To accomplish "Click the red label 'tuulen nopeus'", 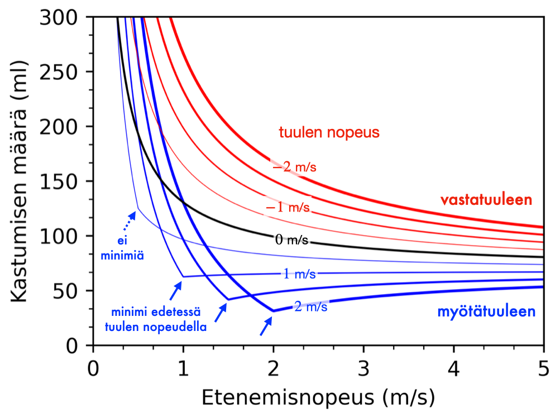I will tap(329, 133).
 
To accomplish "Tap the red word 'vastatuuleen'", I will tap(486, 200).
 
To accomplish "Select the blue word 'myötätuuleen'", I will tap(486, 312).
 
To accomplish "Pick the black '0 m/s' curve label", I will tap(291, 241).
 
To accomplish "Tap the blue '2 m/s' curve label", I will tap(310, 305).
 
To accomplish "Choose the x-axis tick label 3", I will tap(363, 370).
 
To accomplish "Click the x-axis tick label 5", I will tap(543, 370).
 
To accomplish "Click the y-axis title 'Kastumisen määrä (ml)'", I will tap(20, 181).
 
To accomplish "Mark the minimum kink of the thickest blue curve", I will tap(273, 311).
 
